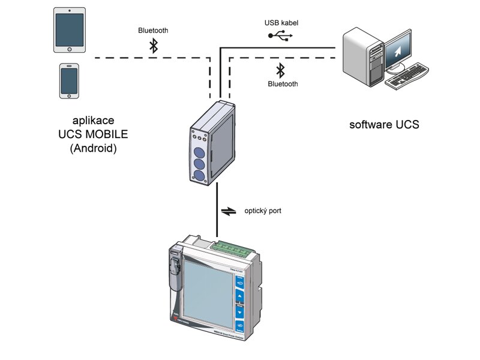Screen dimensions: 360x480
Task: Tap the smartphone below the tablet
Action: point(70,80)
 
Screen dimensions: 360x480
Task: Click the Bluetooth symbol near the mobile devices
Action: point(154,46)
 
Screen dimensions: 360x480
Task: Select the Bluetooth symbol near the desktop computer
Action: point(280,70)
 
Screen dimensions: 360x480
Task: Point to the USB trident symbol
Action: point(281,36)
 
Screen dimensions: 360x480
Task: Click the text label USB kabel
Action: point(281,23)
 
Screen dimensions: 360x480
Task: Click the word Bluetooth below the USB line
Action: point(283,84)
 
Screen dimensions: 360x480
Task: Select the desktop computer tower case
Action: point(362,58)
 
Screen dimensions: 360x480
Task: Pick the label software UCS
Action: point(384,125)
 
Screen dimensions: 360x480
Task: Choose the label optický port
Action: point(262,211)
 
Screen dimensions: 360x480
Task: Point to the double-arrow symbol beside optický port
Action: point(229,211)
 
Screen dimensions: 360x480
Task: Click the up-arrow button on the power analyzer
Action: point(240,296)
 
